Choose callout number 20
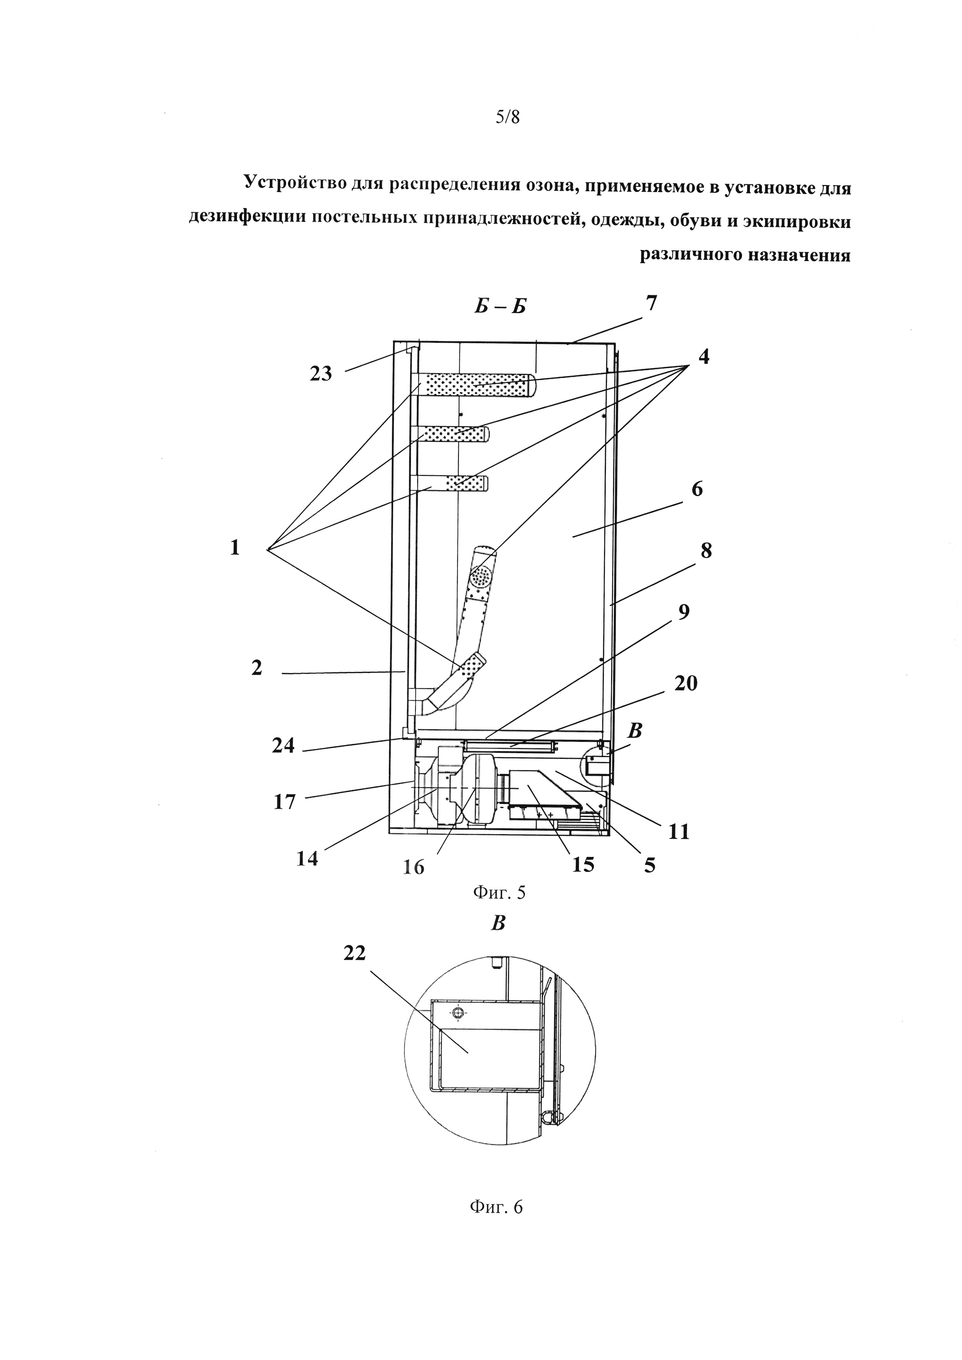[x=686, y=684]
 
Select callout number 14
[x=308, y=858]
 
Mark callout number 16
[x=414, y=867]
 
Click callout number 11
[x=679, y=832]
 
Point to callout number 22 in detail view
[x=354, y=953]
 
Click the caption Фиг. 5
[x=499, y=893]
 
